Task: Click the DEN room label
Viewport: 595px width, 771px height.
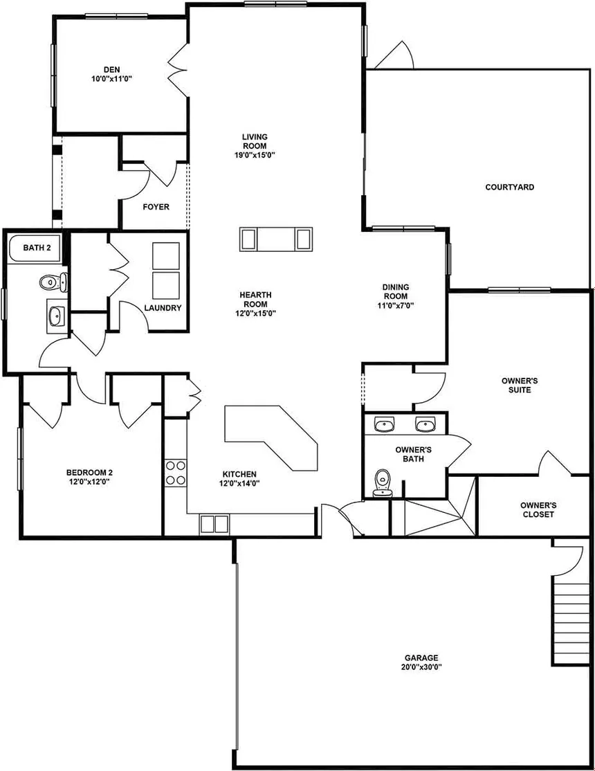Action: [111, 70]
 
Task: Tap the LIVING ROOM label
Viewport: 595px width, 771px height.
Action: [255, 141]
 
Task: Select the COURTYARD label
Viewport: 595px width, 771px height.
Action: [509, 187]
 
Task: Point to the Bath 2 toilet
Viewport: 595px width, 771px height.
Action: [53, 282]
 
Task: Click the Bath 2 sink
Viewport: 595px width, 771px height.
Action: [57, 316]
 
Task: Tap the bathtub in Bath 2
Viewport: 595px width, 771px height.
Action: [35, 247]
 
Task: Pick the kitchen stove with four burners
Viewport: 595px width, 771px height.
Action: [176, 472]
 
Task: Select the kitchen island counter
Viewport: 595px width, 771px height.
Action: [271, 437]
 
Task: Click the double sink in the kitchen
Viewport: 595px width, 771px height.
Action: [214, 524]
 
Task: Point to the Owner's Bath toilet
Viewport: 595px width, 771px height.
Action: [382, 483]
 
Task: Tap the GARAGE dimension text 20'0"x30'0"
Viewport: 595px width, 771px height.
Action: [421, 667]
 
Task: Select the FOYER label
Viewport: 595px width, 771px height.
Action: [156, 207]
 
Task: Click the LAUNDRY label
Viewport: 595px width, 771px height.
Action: [163, 308]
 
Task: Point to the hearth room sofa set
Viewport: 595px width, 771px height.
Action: [276, 239]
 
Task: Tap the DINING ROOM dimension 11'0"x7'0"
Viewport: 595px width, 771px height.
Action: [396, 305]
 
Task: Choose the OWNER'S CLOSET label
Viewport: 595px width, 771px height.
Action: [538, 510]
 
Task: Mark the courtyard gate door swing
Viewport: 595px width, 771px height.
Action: [395, 54]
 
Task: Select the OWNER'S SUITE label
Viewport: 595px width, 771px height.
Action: [520, 385]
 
